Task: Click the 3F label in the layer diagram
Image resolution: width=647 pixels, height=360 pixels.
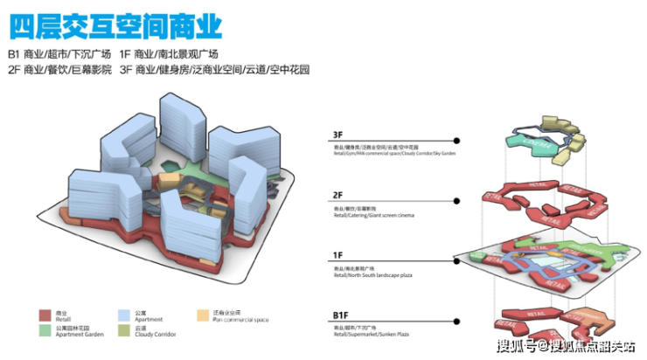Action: pos(338,136)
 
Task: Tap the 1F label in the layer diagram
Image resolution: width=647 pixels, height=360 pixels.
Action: pos(338,255)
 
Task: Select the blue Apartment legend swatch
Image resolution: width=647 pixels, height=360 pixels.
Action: pos(122,313)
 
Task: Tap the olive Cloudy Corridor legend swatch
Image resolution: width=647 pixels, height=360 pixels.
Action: pos(122,329)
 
